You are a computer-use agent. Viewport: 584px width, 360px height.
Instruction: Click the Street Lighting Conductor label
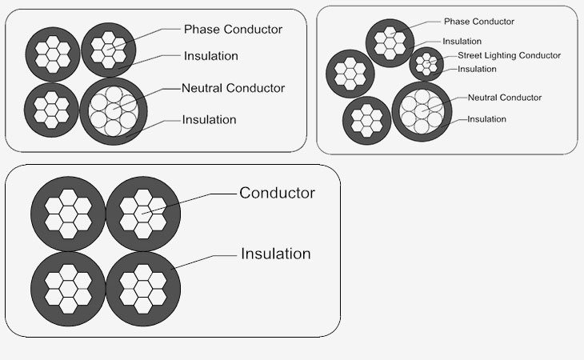click(509, 55)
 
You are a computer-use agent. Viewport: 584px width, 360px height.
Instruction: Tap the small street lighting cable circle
click(426, 64)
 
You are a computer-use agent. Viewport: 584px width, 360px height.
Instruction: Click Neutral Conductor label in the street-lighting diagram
click(505, 98)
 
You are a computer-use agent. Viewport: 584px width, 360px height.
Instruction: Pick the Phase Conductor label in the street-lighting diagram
click(479, 22)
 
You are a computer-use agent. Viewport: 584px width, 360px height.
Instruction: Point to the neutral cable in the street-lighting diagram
click(422, 111)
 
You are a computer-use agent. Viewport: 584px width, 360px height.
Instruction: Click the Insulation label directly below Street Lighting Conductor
click(477, 70)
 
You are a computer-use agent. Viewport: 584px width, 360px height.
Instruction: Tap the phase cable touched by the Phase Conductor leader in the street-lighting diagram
click(390, 43)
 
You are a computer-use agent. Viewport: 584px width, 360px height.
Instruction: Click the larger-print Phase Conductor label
click(233, 29)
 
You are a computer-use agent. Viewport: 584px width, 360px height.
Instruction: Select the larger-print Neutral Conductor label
click(233, 88)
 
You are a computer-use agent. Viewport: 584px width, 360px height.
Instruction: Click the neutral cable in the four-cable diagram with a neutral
click(114, 111)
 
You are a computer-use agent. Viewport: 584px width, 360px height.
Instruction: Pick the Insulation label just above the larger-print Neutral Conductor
click(211, 56)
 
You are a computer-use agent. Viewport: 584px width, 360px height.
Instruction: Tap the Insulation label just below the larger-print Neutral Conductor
click(209, 119)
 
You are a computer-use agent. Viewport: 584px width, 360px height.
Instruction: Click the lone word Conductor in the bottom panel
click(277, 193)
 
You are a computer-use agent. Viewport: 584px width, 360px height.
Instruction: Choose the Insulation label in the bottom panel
click(276, 254)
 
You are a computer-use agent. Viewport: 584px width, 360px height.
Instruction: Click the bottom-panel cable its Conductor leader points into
click(143, 214)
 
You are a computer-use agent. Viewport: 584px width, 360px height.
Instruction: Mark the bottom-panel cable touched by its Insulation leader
click(143, 290)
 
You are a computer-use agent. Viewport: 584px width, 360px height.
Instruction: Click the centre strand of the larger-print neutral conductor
click(114, 111)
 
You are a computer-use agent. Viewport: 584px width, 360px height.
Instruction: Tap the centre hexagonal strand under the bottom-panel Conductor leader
click(143, 214)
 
